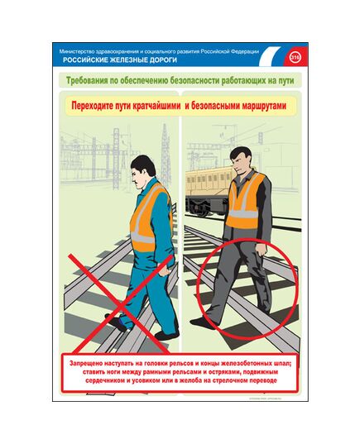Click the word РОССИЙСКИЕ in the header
tap(85, 61)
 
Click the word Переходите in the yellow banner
tap(98, 107)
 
